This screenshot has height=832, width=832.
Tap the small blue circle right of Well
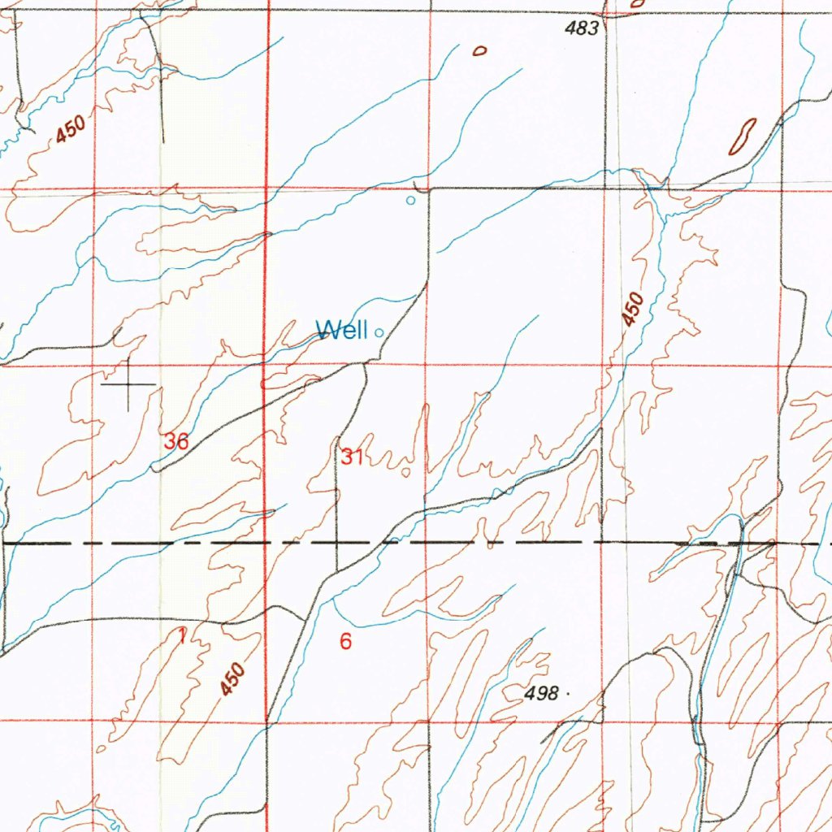379,331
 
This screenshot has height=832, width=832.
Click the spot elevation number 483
582,29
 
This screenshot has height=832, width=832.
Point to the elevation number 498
541,694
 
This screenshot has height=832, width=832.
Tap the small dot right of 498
566,695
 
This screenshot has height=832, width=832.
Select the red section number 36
176,442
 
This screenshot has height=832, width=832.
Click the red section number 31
352,457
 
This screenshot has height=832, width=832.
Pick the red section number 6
346,642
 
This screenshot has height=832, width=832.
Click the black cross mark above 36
128,383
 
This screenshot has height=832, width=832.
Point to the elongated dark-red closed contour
743,136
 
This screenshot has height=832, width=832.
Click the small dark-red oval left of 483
479,51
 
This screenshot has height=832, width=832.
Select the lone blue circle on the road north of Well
410,200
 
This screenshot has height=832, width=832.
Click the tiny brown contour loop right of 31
406,471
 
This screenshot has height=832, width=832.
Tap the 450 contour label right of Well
634,310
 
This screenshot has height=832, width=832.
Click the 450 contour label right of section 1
232,680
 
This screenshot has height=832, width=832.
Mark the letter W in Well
327,331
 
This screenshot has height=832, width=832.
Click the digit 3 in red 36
170,442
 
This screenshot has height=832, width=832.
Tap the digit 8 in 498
552,694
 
